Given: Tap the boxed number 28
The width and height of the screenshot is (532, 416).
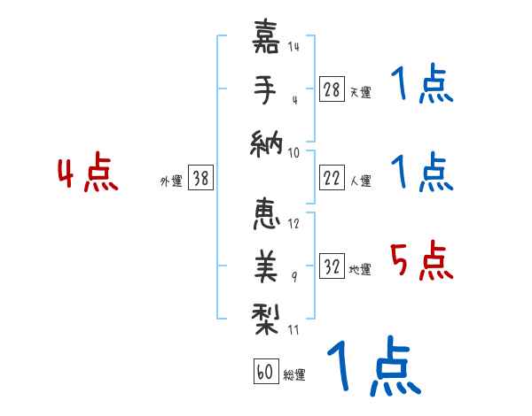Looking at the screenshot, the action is (x=332, y=89).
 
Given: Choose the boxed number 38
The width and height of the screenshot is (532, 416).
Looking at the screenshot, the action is (x=200, y=179).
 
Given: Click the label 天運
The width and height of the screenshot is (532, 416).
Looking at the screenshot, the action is (x=360, y=92).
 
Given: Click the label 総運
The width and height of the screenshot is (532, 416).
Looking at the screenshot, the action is (x=293, y=375).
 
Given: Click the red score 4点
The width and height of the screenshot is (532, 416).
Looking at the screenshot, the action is (x=86, y=173).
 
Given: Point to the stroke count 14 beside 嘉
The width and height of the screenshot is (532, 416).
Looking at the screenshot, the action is (x=293, y=46).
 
